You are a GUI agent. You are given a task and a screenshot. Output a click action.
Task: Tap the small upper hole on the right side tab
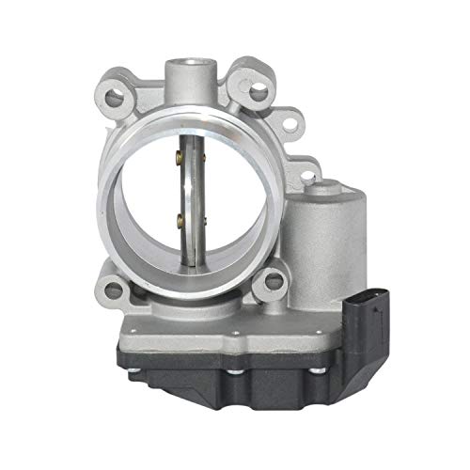294,119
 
